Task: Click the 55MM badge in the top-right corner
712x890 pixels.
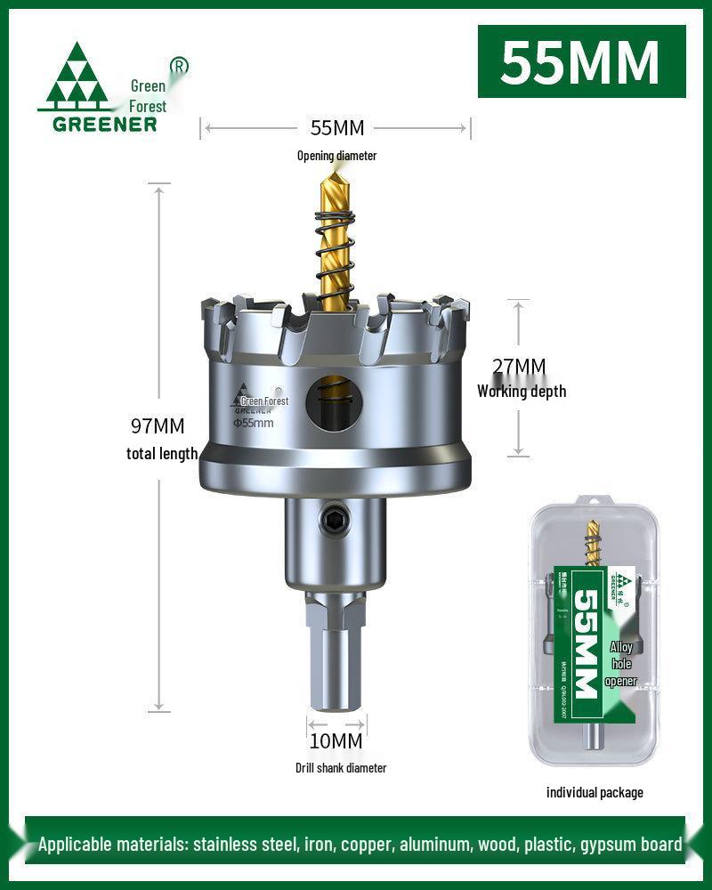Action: [x=581, y=61]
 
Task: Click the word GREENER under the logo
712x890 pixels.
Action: [x=104, y=124]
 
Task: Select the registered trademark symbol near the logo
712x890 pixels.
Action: [x=179, y=66]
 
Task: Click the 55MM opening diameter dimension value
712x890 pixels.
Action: [x=336, y=128]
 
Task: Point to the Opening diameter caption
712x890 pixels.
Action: [x=336, y=156]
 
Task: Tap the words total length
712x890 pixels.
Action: [x=161, y=454]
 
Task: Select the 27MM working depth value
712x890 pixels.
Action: [x=519, y=367]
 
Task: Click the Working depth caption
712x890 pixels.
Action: [x=522, y=391]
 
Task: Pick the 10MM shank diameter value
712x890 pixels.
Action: [x=336, y=740]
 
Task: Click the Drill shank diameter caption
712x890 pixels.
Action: [x=341, y=767]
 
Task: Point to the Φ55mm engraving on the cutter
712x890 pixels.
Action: [x=254, y=423]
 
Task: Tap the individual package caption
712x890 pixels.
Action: [x=594, y=792]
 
